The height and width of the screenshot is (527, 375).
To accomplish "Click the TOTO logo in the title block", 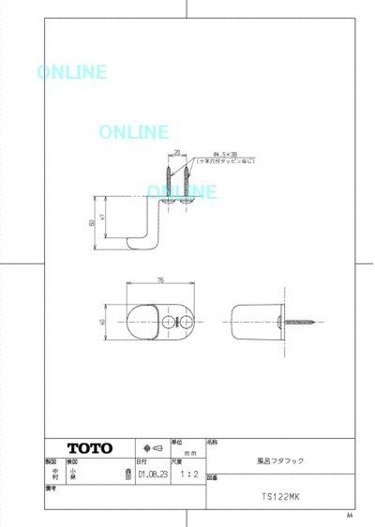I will click(89, 447).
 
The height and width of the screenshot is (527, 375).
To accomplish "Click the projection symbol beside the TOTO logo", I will click(150, 447).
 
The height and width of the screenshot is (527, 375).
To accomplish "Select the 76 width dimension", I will click(160, 279).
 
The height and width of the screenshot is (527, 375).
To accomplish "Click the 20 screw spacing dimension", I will click(177, 151).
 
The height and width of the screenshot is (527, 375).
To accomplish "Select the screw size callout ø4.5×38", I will click(226, 154).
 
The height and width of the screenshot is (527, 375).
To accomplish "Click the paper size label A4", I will click(350, 515).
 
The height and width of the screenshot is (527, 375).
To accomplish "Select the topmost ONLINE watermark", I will click(72, 72).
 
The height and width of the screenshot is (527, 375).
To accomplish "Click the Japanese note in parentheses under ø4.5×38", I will click(225, 161).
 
